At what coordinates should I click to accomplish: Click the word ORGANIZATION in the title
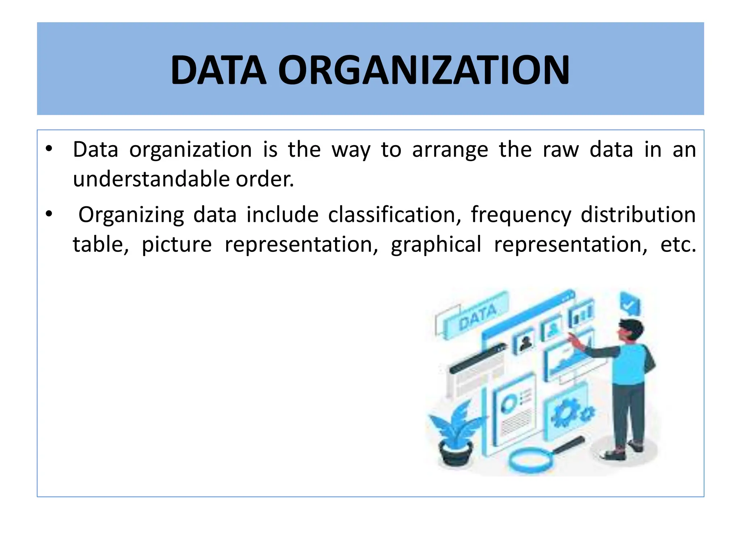424,70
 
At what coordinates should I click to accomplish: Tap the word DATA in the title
219,70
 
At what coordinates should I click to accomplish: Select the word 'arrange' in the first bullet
450,149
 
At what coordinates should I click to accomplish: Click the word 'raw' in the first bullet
561,149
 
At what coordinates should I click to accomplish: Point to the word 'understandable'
151,179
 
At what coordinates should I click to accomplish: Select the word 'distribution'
638,215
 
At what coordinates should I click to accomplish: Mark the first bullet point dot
49,149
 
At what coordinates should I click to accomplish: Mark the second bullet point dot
49,214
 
